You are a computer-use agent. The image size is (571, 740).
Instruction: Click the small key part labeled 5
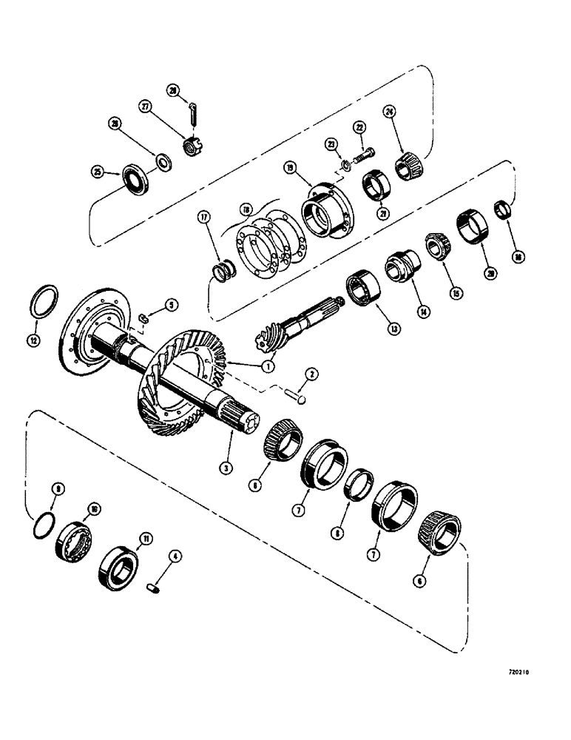[145, 319]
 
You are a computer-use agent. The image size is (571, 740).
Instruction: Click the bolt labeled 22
[363, 157]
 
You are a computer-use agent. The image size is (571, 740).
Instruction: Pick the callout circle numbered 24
[389, 112]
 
